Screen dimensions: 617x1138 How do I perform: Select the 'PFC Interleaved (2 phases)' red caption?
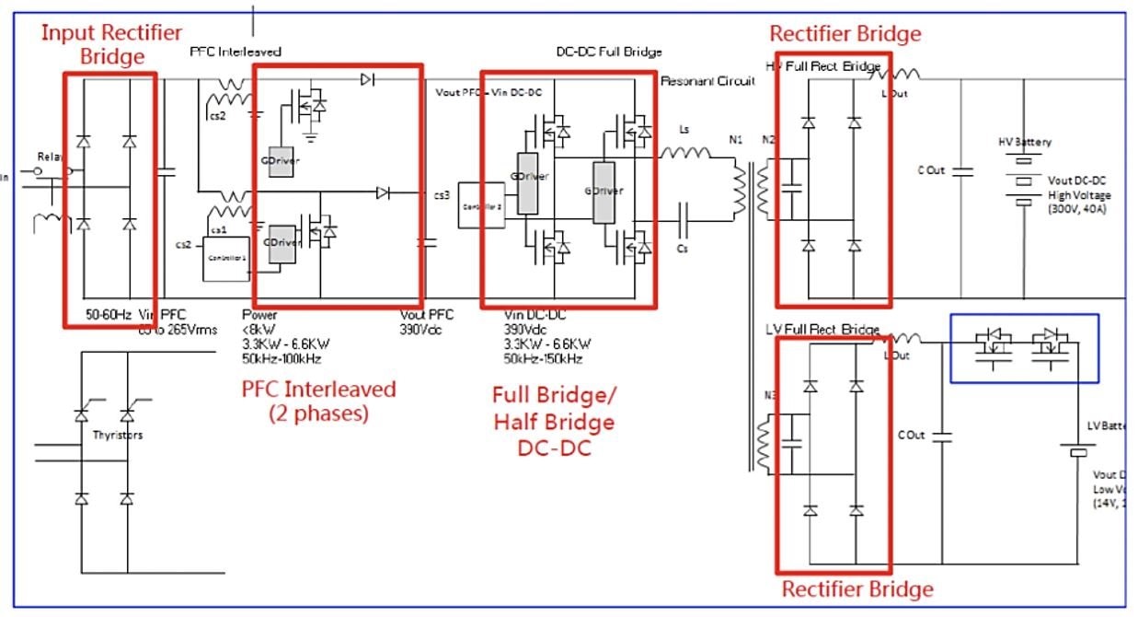click(x=318, y=402)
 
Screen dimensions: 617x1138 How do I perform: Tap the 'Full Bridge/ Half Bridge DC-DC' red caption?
click(x=554, y=422)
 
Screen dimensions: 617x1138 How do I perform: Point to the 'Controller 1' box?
click(x=226, y=259)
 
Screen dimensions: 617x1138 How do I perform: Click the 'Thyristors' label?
click(x=118, y=436)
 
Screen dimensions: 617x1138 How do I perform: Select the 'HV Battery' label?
click(x=1024, y=143)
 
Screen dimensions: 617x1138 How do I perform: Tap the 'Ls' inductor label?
click(x=684, y=130)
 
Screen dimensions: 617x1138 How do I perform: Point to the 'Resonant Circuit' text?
click(x=707, y=81)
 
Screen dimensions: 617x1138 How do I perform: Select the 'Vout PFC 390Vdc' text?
click(x=426, y=320)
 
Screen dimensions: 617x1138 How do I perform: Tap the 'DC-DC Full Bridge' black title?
click(x=609, y=52)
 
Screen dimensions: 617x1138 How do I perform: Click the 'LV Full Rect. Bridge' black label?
click(x=822, y=330)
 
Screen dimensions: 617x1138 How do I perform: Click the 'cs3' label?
click(x=442, y=194)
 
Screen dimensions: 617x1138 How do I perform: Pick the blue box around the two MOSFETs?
click(x=1024, y=348)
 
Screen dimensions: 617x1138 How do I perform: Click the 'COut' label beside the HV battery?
click(x=932, y=171)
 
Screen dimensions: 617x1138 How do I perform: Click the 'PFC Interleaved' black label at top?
click(x=235, y=52)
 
